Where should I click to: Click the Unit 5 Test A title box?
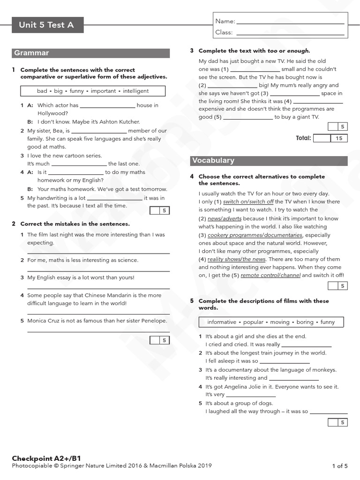click(x=47, y=25)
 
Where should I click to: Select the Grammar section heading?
click(x=32, y=53)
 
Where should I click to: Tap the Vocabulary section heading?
click(x=213, y=161)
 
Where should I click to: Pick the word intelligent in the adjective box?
click(x=135, y=91)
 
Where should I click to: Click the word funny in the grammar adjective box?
click(x=77, y=91)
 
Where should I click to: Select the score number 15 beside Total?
click(x=339, y=138)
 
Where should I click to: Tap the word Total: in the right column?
click(x=303, y=138)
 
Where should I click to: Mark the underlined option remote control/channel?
click(x=270, y=276)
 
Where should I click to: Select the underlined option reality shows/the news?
click(x=237, y=259)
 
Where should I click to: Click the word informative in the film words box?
click(x=222, y=322)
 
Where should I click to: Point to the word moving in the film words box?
click(x=279, y=322)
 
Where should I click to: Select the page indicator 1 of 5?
click(x=340, y=466)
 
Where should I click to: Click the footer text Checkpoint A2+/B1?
click(x=43, y=458)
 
